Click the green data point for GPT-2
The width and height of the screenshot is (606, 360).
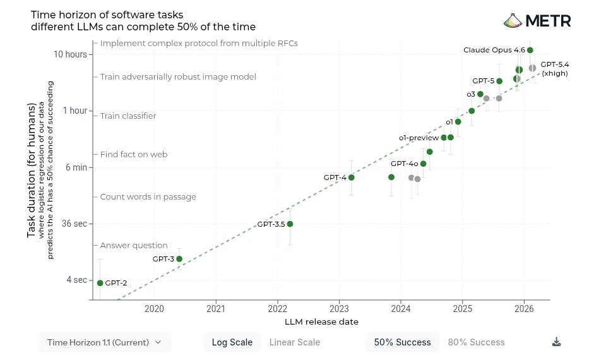coord(100,283)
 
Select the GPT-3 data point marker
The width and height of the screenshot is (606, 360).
coord(179,259)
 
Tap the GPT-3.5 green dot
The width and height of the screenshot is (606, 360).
coord(290,224)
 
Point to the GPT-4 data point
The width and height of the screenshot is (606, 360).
coord(352,177)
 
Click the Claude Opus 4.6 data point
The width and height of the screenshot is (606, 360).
coord(530,51)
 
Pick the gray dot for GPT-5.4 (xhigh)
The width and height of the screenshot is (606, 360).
coord(533,68)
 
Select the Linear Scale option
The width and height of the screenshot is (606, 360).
coord(294,342)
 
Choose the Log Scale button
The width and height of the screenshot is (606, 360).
coord(232,342)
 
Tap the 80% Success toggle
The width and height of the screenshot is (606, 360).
coord(476,342)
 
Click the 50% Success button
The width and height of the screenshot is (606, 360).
coord(402,342)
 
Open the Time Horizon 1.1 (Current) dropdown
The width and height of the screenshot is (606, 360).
coord(105,342)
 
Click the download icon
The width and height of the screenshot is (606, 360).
coord(556,342)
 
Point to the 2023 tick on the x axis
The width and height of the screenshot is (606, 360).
coord(339,309)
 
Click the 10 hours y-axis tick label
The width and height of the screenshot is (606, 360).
coord(70,54)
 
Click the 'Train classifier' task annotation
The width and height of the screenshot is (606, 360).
coord(128,116)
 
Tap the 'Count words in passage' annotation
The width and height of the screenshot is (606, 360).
coord(148,197)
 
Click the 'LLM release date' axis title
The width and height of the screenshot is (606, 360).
coord(322,322)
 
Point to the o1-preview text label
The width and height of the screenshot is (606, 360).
coord(419,138)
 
